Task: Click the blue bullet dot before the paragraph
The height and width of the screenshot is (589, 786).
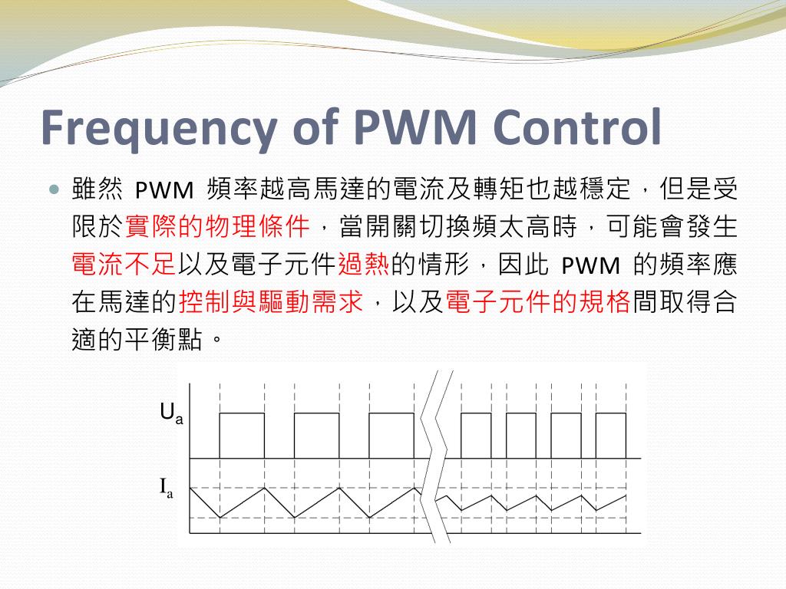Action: tap(53, 189)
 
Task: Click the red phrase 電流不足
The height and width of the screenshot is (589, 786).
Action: tap(124, 265)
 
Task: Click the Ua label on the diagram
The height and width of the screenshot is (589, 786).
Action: tap(171, 414)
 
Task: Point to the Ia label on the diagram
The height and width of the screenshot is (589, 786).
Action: tap(167, 488)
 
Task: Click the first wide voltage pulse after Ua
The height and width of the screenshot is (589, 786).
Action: tap(242, 436)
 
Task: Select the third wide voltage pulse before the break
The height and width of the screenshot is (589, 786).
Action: tap(391, 436)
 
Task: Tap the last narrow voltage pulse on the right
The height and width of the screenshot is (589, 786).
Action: tap(611, 436)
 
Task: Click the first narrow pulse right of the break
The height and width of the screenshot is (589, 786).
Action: tap(475, 436)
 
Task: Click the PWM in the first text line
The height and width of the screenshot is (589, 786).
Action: tap(157, 189)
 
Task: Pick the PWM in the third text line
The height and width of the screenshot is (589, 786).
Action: tap(591, 265)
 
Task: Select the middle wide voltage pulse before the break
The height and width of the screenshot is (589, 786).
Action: tap(316, 436)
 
